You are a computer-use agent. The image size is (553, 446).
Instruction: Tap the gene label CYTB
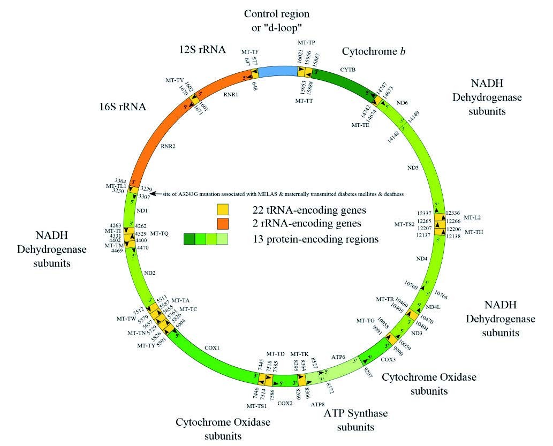tap(348, 69)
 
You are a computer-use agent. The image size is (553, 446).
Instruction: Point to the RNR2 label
tap(169, 145)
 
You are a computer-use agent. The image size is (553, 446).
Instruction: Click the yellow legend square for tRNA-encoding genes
tap(223, 208)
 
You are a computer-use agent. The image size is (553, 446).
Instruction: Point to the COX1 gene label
tap(212, 347)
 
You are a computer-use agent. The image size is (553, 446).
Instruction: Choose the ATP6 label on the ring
tap(338, 356)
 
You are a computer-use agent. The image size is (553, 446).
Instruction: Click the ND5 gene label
tap(413, 168)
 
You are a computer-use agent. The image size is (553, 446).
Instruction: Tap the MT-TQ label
tap(159, 233)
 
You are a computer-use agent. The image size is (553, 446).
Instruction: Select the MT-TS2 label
tap(405, 224)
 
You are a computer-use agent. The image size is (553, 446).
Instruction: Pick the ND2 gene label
tap(149, 273)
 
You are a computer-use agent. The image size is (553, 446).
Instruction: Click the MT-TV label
tap(175, 80)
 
